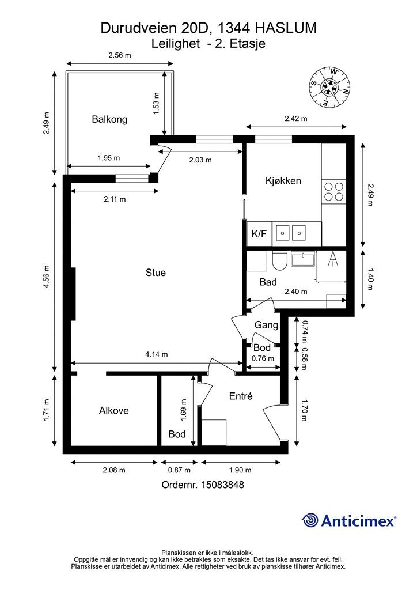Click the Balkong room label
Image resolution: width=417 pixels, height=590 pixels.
[109, 120]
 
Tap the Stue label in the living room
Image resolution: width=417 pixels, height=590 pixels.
[156, 273]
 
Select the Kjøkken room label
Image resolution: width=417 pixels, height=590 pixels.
[283, 181]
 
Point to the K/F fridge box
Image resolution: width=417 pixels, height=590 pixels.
[259, 234]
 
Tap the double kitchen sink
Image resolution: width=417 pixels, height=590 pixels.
[291, 233]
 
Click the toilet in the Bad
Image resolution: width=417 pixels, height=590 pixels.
[279, 260]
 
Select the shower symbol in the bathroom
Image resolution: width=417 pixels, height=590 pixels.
[332, 259]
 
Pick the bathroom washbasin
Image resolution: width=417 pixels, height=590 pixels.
[302, 259]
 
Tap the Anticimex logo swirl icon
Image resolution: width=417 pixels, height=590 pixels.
[310, 520]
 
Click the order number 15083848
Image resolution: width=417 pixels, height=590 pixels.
[222, 485]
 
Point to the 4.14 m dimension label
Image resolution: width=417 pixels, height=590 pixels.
[157, 354]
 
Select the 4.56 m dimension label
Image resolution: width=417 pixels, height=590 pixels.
[46, 277]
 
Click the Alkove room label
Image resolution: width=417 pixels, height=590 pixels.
[114, 410]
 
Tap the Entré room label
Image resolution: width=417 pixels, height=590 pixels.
[241, 396]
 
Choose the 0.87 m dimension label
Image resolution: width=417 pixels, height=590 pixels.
[179, 470]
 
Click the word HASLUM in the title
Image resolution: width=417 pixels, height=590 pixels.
[286, 28]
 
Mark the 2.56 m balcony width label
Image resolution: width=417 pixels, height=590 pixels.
[120, 55]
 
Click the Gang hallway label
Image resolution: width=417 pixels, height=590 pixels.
[266, 325]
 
